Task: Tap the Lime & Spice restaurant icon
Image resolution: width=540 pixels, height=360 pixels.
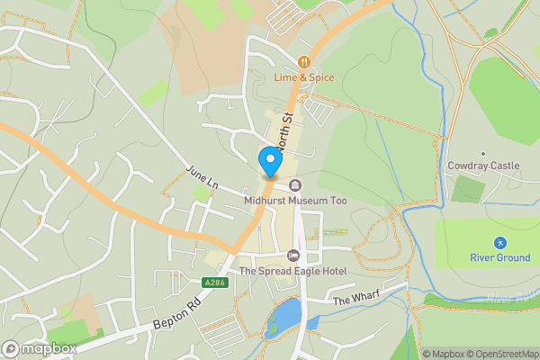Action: [x=304, y=62]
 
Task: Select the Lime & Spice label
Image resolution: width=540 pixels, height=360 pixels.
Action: [x=304, y=78]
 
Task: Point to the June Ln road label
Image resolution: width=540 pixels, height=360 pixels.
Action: [x=202, y=175]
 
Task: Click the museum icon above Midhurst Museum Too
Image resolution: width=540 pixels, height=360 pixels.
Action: [x=294, y=185]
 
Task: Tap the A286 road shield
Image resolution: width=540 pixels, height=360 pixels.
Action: [x=214, y=283]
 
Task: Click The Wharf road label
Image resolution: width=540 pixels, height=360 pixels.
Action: [x=356, y=297]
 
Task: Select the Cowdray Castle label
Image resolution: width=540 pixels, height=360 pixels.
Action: [x=483, y=166]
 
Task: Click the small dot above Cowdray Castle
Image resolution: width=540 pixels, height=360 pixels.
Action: [x=483, y=153]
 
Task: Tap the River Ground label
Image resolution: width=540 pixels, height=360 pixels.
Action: [x=499, y=258]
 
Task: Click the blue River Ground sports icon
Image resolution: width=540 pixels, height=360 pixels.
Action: [x=499, y=243]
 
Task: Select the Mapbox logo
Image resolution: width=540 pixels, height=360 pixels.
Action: [x=39, y=348]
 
